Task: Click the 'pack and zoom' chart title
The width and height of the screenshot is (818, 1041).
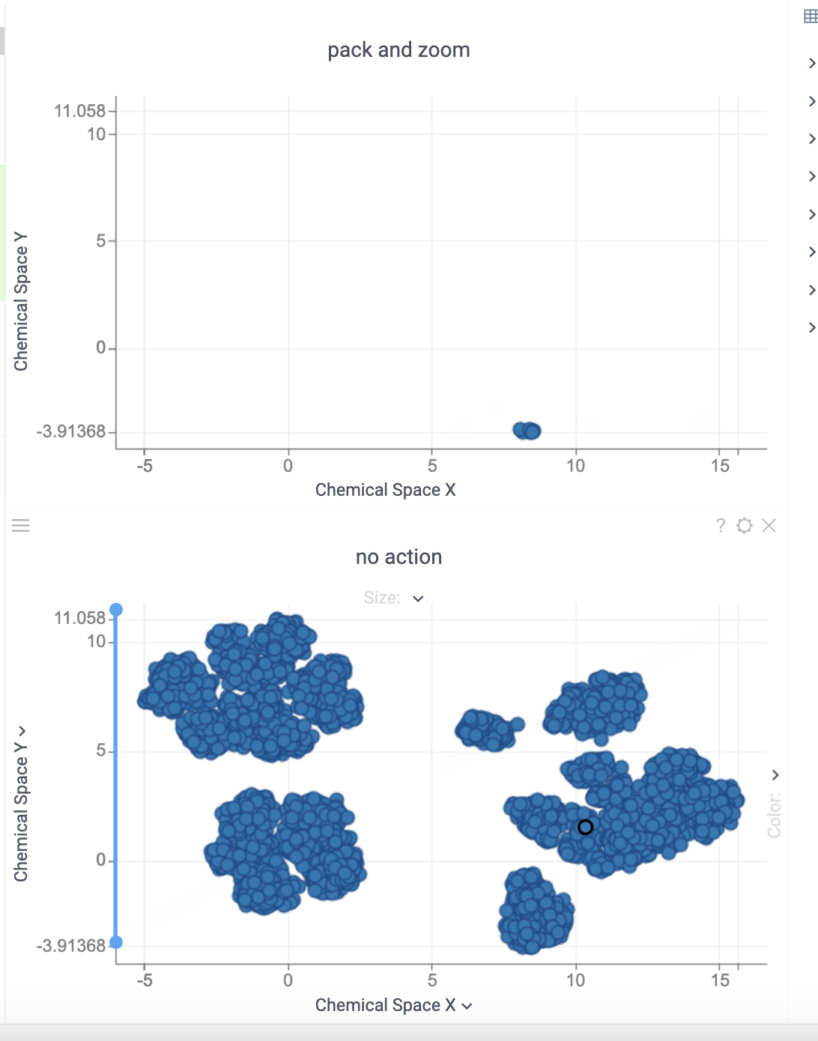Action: [x=399, y=50]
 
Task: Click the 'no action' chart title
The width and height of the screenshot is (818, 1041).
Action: [x=399, y=557]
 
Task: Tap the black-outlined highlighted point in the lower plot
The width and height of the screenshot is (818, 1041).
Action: [x=586, y=827]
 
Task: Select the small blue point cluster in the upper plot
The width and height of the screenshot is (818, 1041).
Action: [x=527, y=431]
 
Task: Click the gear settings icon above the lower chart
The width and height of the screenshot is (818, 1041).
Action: [x=744, y=526]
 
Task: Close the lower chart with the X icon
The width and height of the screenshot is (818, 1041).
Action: [x=769, y=526]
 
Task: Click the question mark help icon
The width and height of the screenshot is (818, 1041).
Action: [x=721, y=526]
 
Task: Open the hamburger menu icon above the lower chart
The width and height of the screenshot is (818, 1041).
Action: [x=21, y=526]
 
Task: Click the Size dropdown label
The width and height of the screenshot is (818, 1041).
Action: [x=383, y=598]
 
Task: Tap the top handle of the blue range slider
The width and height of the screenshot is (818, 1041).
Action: [x=116, y=610]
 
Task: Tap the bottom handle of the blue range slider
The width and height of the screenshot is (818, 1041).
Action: [x=116, y=942]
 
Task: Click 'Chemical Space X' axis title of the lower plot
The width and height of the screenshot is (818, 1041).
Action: [x=385, y=1005]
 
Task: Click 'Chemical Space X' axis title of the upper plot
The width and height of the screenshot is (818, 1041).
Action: [x=385, y=490]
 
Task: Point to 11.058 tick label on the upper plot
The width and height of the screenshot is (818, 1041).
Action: [x=79, y=111]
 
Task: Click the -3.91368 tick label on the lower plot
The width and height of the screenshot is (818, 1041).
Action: [x=71, y=946]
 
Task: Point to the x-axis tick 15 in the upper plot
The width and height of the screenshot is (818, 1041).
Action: [x=720, y=466]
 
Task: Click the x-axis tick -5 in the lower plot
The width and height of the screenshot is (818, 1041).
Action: [x=145, y=980]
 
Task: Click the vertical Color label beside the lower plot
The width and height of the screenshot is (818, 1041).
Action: [x=775, y=815]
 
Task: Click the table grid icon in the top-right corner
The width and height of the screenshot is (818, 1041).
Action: [x=811, y=16]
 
